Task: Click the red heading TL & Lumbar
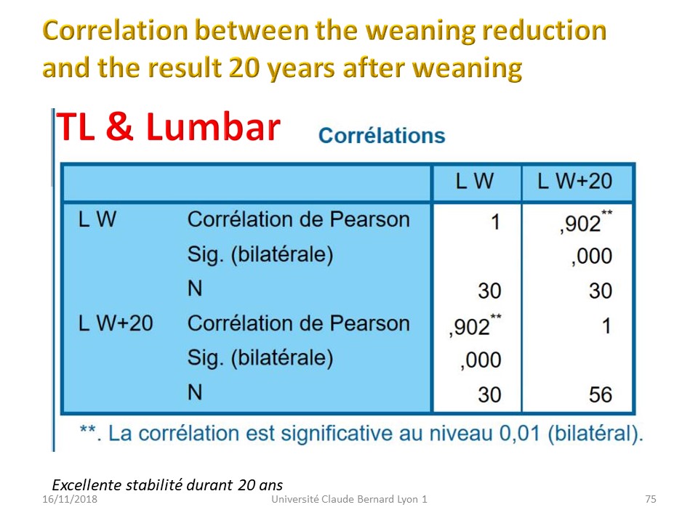(x=168, y=127)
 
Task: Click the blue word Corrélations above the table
(x=382, y=135)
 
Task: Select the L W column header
(x=475, y=182)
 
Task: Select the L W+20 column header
(x=574, y=182)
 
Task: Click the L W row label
(x=97, y=219)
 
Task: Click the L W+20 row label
(x=116, y=323)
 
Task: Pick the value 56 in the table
(x=600, y=395)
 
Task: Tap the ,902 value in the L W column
(x=475, y=326)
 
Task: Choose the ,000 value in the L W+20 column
(x=592, y=256)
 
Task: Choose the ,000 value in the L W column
(x=481, y=360)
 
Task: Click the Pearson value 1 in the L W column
(x=495, y=222)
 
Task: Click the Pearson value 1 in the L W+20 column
(x=606, y=326)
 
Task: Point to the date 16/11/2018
(x=70, y=499)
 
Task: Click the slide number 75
(x=650, y=499)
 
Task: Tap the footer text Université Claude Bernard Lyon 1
(x=350, y=499)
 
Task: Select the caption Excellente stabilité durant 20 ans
(x=167, y=485)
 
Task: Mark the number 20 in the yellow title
(x=244, y=68)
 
